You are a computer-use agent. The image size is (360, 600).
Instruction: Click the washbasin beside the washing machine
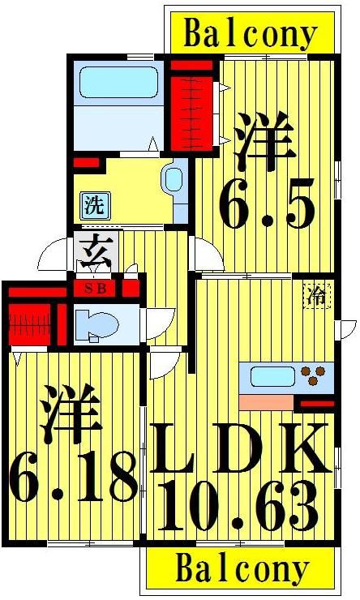(172, 181)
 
